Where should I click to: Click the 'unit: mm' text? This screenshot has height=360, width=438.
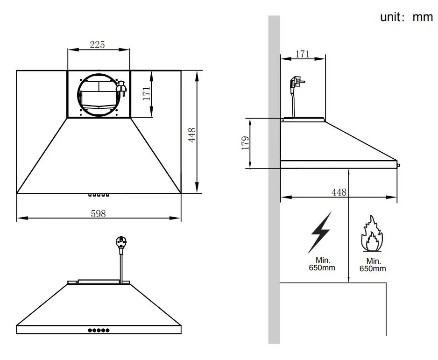tap(406, 18)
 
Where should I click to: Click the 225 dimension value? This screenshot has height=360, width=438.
tap(97, 45)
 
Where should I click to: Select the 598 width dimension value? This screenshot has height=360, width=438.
tap(98, 213)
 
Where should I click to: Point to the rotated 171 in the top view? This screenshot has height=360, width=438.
tap(147, 93)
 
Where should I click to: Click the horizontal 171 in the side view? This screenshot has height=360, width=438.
tap(303, 54)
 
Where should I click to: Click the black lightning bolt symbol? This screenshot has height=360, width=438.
tap(321, 232)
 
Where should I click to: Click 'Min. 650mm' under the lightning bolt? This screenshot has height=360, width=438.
tap(321, 264)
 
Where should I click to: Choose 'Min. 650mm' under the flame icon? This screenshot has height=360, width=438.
tap(373, 265)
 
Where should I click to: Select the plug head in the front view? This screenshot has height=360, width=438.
tap(121, 242)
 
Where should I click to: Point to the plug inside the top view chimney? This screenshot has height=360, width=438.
tap(121, 88)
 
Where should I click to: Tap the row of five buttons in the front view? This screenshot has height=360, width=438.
tap(99, 330)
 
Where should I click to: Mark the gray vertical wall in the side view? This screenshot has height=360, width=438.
tap(274, 187)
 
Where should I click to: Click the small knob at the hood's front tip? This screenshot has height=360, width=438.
tap(398, 163)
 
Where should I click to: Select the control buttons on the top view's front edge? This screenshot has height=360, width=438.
tap(99, 195)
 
